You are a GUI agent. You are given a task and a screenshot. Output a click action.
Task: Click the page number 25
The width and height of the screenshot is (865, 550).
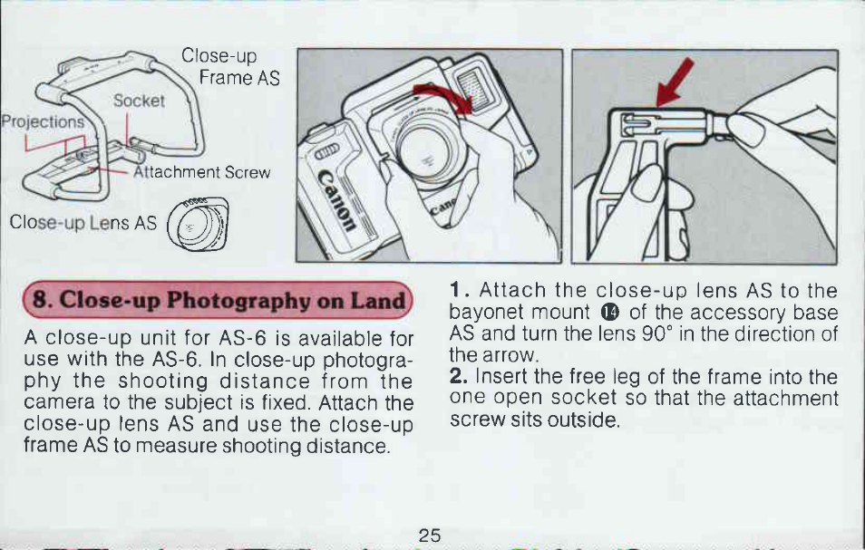(430, 536)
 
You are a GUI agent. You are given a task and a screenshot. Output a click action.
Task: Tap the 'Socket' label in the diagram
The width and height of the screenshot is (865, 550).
(139, 101)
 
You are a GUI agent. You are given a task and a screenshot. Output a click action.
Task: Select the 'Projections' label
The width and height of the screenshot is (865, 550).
(43, 121)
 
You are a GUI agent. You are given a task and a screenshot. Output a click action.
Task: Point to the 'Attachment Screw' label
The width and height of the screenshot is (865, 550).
(202, 172)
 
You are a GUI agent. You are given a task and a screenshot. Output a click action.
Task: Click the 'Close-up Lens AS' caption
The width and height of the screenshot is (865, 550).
(83, 222)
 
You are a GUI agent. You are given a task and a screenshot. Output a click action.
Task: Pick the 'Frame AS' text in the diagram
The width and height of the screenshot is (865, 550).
(239, 78)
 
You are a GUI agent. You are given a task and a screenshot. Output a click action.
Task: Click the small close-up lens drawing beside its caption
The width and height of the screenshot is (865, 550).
(198, 224)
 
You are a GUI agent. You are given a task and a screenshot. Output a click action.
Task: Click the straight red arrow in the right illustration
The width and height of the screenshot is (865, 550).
(675, 82)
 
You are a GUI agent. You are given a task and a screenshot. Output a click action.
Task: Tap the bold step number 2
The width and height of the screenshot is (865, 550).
(459, 376)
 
